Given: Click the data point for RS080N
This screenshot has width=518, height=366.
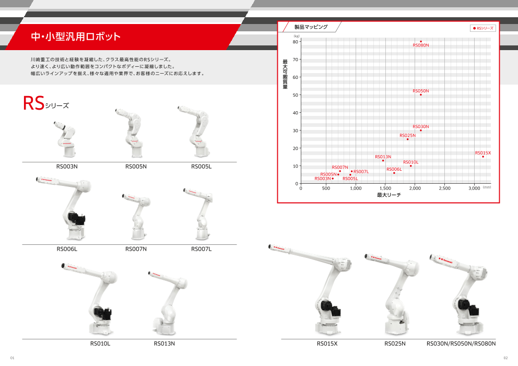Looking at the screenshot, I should click(421, 42).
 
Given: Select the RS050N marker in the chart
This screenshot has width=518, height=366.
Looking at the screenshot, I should click(421, 95).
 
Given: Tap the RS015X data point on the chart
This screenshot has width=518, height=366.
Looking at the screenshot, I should click(483, 157).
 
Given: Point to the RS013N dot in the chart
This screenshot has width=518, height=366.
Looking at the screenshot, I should click(383, 160).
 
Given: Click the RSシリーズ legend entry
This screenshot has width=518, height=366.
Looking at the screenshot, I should click(483, 28).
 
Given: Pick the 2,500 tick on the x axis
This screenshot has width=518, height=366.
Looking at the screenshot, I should click(444, 188).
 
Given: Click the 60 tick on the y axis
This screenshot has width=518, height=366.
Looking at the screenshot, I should click(295, 77).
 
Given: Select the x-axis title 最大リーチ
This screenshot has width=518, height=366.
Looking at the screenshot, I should click(388, 195).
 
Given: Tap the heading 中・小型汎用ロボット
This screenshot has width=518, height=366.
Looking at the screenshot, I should click(76, 37).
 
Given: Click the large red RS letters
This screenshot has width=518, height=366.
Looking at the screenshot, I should click(33, 103).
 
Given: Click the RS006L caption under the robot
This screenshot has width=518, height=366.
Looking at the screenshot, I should click(67, 249).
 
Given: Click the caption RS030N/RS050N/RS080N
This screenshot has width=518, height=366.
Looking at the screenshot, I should click(461, 344).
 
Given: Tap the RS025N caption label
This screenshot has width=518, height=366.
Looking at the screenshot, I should click(395, 344).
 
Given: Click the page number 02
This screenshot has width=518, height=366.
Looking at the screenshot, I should click(505, 358).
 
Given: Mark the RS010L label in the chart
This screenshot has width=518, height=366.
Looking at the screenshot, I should click(410, 162).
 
